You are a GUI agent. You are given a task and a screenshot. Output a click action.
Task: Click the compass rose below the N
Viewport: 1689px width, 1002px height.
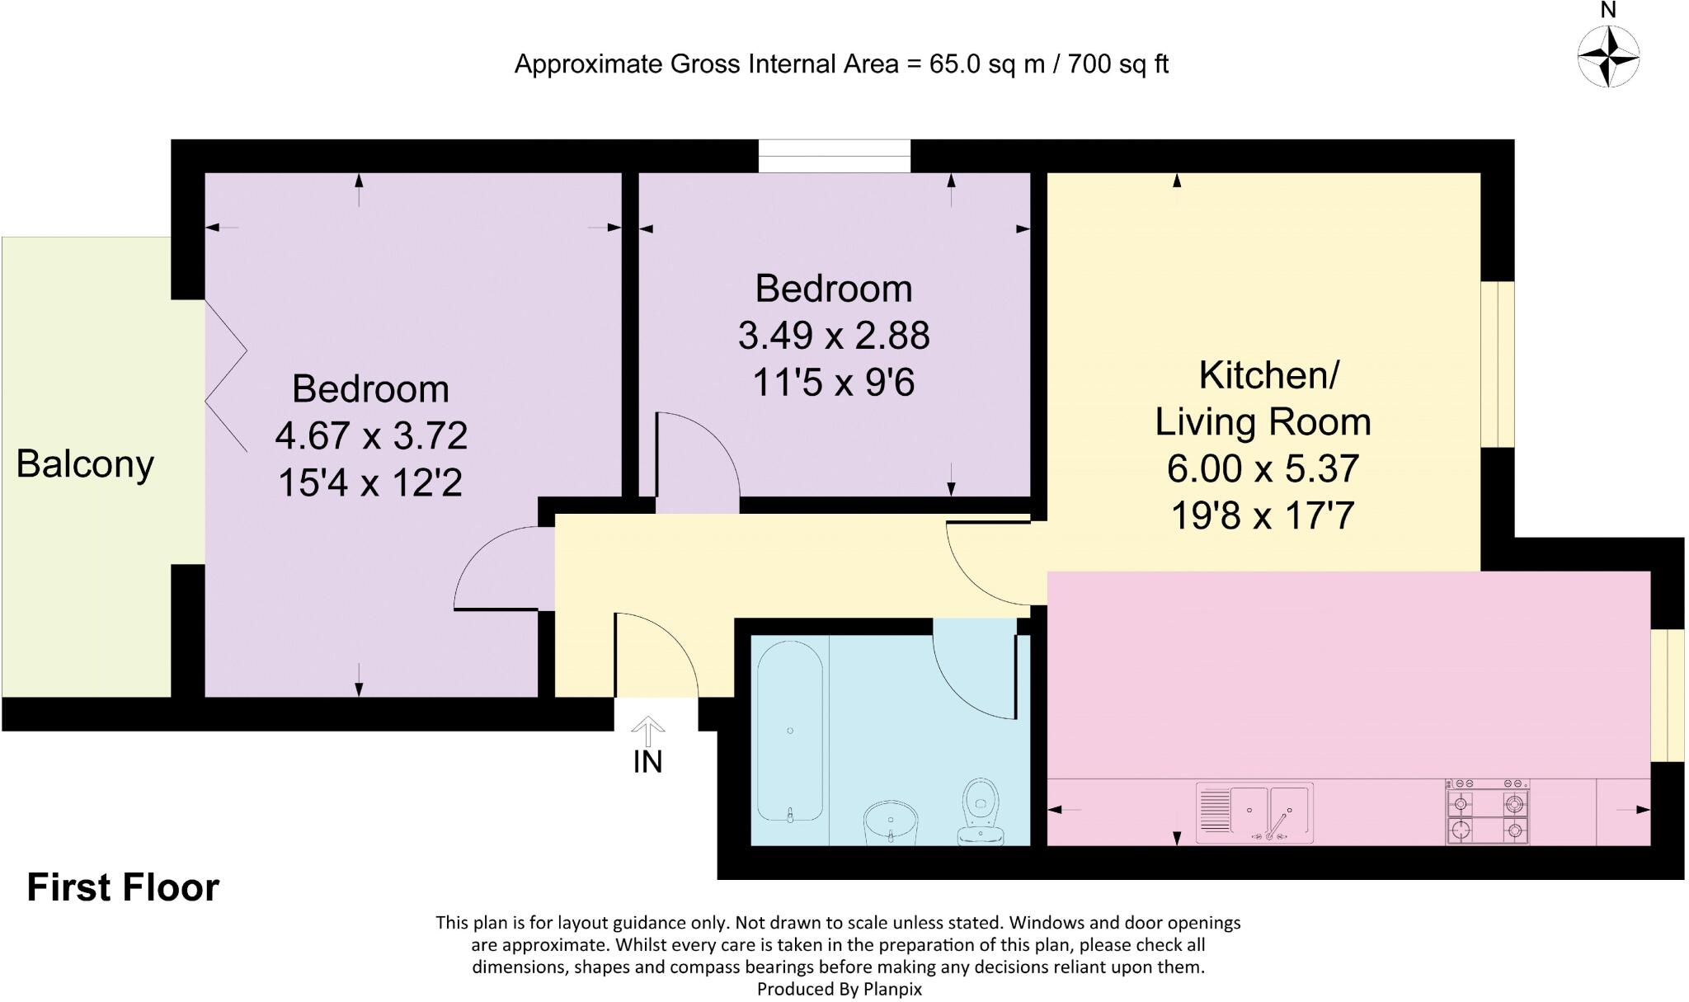[x=1607, y=56]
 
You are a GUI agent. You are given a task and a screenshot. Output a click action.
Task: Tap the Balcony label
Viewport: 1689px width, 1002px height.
[x=85, y=464]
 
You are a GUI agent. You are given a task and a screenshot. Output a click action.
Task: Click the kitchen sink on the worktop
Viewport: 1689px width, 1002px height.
[x=1254, y=813]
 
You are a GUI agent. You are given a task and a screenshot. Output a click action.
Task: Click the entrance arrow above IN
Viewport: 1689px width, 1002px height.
[x=648, y=730]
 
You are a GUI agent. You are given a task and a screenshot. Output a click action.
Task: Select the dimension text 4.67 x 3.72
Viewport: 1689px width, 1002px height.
[x=371, y=435]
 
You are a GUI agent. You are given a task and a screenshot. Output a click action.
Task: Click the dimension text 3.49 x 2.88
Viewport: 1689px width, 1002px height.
[x=833, y=336]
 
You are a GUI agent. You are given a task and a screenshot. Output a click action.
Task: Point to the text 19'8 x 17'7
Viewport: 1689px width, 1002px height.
[x=1262, y=516]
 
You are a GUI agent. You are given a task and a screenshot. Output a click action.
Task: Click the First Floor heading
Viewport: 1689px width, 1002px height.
[x=123, y=887]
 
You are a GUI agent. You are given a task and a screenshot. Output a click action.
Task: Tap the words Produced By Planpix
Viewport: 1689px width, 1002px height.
[x=839, y=989]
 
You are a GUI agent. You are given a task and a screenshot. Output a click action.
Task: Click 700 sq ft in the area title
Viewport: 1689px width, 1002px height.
[x=1117, y=64]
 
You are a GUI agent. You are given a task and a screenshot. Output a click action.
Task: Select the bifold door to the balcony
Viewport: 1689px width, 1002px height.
[x=226, y=376]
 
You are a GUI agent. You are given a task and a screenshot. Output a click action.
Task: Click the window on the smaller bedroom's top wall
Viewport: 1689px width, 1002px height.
[x=834, y=156]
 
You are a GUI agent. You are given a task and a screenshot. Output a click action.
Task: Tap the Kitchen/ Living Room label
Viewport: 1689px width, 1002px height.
[x=1263, y=398]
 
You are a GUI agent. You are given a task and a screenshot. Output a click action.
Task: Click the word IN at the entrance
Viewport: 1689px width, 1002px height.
[x=648, y=762]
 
